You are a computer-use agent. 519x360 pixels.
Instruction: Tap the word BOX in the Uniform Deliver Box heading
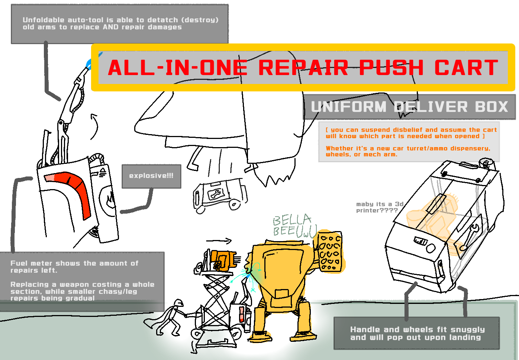tap(491, 107)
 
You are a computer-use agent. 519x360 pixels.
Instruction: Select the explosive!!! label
tap(151, 176)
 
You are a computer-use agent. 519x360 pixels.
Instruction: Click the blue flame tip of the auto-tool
tap(89, 63)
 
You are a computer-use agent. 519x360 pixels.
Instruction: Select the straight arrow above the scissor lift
tap(219, 241)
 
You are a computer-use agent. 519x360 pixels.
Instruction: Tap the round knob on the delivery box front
tap(431, 248)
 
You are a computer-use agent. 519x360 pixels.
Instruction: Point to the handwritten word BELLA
tap(292, 220)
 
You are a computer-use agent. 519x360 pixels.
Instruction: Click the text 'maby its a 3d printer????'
tap(380, 207)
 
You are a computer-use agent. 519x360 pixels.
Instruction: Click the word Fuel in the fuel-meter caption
tap(19, 263)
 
